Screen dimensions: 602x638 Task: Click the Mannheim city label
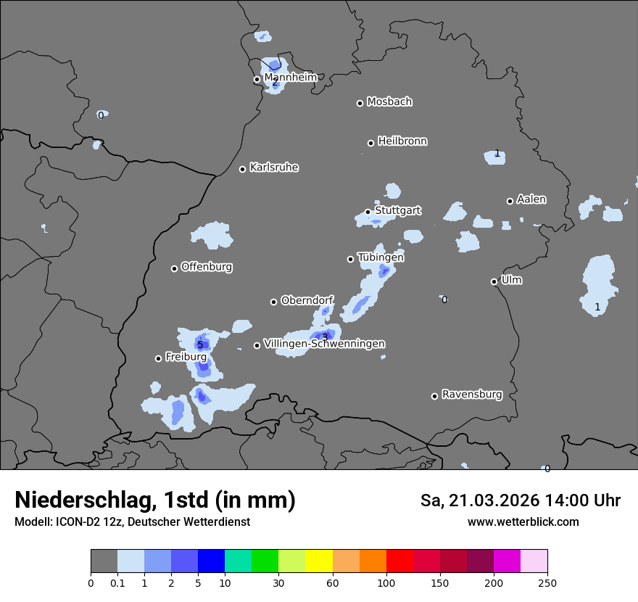click(x=290, y=78)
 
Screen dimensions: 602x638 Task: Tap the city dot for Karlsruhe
click(x=243, y=169)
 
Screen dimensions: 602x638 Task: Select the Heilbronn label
click(x=402, y=141)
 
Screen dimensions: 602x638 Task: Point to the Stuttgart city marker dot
click(x=368, y=212)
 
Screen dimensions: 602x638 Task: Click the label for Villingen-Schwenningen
click(x=324, y=344)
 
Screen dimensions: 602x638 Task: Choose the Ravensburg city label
click(x=472, y=395)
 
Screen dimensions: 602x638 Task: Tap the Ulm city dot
click(x=494, y=281)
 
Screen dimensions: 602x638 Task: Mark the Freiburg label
click(x=186, y=357)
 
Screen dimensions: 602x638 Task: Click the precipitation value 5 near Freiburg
click(x=200, y=345)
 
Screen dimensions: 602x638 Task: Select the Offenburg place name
click(x=207, y=267)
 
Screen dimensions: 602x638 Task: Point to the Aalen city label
click(x=531, y=199)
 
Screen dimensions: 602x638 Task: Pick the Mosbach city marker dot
click(x=360, y=103)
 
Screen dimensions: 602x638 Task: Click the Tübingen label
click(x=381, y=257)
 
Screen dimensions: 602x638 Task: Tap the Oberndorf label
click(x=307, y=300)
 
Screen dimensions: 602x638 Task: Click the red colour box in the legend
click(x=399, y=561)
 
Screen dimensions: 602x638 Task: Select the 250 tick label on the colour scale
click(x=547, y=582)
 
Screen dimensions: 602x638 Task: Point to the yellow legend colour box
click(x=319, y=561)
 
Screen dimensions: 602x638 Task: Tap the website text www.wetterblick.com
click(x=523, y=522)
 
